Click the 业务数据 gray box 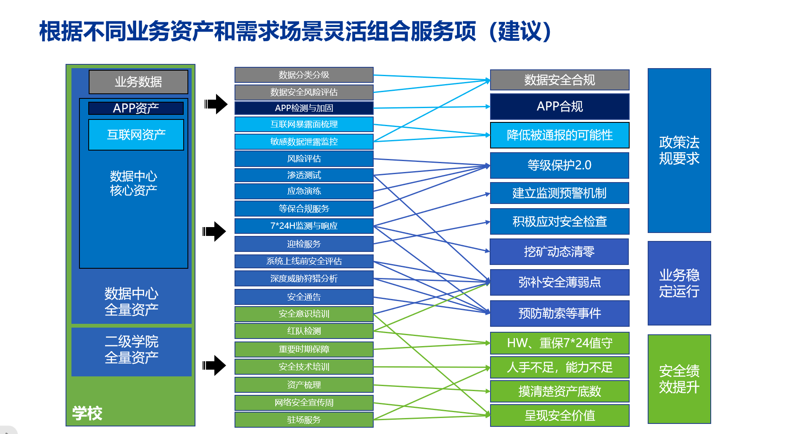tap(138, 82)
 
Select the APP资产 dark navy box tap(136, 108)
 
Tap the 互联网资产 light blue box tap(136, 135)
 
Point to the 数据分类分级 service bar tap(304, 75)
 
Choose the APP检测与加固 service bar tap(304, 108)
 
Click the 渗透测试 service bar tap(304, 175)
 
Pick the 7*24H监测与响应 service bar tap(304, 226)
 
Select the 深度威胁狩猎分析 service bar tap(304, 278)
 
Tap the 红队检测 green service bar tap(304, 331)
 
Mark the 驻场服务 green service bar tap(304, 420)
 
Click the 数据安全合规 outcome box tap(559, 80)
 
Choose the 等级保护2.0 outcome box tap(559, 165)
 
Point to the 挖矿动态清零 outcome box tap(559, 251)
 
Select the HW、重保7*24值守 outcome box tap(559, 343)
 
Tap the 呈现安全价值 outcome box tap(559, 415)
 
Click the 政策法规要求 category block tap(679, 150)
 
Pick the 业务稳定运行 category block tap(679, 283)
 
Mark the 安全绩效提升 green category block tap(679, 379)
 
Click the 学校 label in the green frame tap(87, 413)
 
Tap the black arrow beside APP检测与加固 tap(216, 104)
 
